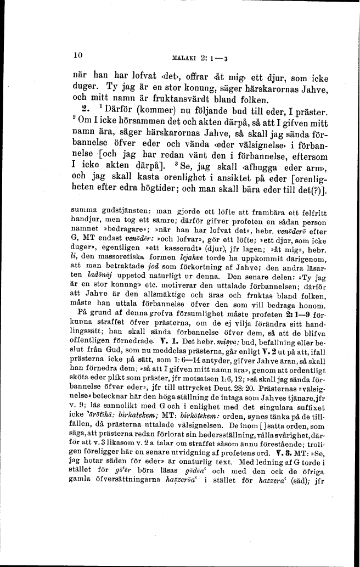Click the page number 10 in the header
click(77, 54)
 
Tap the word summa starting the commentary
click(83, 210)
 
